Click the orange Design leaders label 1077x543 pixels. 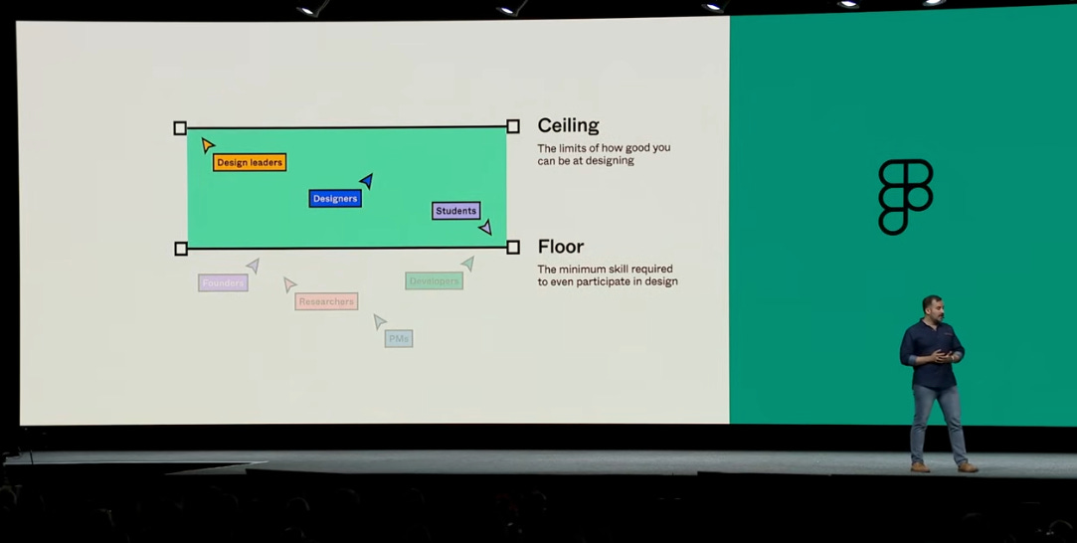point(250,162)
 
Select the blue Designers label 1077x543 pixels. point(335,199)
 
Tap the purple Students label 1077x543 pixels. point(455,211)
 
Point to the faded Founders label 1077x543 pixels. point(223,283)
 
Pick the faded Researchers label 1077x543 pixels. point(326,301)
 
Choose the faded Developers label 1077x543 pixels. point(434,281)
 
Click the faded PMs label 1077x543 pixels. point(399,339)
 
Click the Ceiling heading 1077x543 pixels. point(568,125)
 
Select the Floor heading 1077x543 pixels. point(561,247)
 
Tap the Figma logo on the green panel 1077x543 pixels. point(905,197)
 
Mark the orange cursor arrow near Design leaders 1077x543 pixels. point(207,145)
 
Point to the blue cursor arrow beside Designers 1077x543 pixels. point(367,180)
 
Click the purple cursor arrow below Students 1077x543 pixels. point(485,228)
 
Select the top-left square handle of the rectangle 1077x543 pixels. point(180,128)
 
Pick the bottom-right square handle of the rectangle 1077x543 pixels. point(513,247)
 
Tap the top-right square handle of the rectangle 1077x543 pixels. point(513,126)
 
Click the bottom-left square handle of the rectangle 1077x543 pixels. point(181,249)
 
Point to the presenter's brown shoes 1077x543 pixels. point(944,466)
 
